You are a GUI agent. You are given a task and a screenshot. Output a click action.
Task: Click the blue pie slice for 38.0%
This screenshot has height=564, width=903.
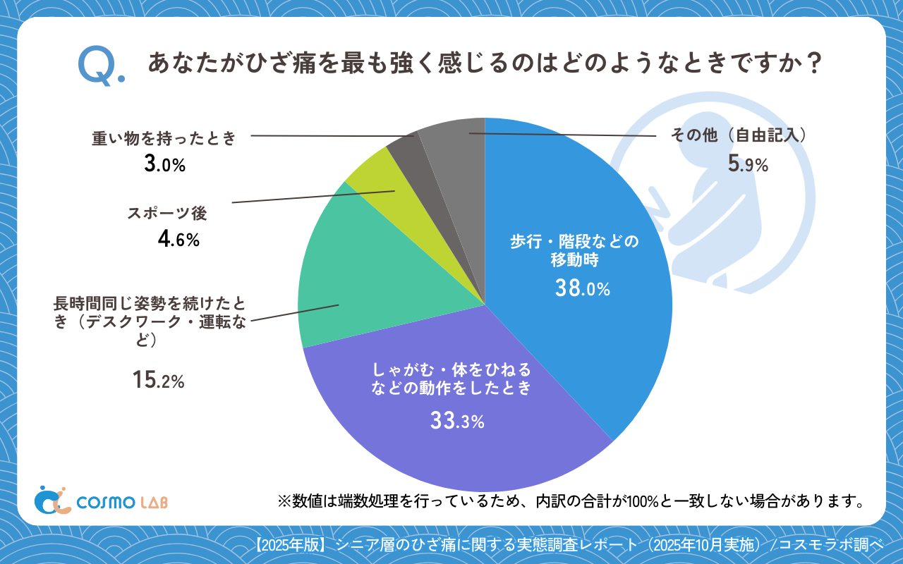coord(578,233)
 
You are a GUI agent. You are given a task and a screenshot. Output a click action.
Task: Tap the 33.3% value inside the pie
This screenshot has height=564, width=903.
coord(457,422)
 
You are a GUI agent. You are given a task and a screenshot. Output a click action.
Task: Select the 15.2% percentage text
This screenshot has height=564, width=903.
coord(158,381)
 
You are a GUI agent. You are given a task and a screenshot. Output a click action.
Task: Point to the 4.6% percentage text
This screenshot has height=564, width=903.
coord(178,240)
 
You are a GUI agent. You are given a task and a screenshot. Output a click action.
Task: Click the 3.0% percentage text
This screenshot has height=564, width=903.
coord(164,165)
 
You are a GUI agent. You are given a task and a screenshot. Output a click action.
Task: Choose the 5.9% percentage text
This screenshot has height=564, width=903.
coord(748,165)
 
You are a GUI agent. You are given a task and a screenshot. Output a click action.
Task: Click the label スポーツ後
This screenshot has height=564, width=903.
coord(167,213)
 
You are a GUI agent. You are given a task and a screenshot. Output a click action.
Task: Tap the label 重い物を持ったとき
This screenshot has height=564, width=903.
coord(164,138)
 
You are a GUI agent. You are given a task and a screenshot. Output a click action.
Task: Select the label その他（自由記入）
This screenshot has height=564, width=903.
coord(737,135)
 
